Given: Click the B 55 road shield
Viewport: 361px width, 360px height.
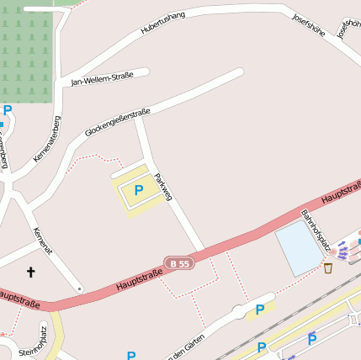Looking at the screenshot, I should tap(179, 263).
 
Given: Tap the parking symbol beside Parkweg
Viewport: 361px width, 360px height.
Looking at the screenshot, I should tap(138, 191).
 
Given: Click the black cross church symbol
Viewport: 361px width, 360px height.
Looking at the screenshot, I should tap(32, 272).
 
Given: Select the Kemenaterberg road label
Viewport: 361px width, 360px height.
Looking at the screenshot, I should tap(46, 139).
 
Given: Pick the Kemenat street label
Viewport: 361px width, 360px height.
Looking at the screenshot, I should tap(42, 241).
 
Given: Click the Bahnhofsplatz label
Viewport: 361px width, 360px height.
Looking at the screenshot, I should tap(314, 230).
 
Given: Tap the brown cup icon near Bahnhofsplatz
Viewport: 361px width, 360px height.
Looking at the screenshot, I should tap(328, 268).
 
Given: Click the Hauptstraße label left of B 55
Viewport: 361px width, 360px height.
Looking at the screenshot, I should tap(140, 280).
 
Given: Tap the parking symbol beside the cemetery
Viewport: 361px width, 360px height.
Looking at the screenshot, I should tap(8, 110).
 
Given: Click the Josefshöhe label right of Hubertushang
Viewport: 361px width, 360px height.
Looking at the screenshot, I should tap(309, 28).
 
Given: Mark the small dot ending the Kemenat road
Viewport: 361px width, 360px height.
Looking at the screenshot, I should tap(80, 289).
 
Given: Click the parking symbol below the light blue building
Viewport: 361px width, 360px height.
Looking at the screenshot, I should tap(260, 310).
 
